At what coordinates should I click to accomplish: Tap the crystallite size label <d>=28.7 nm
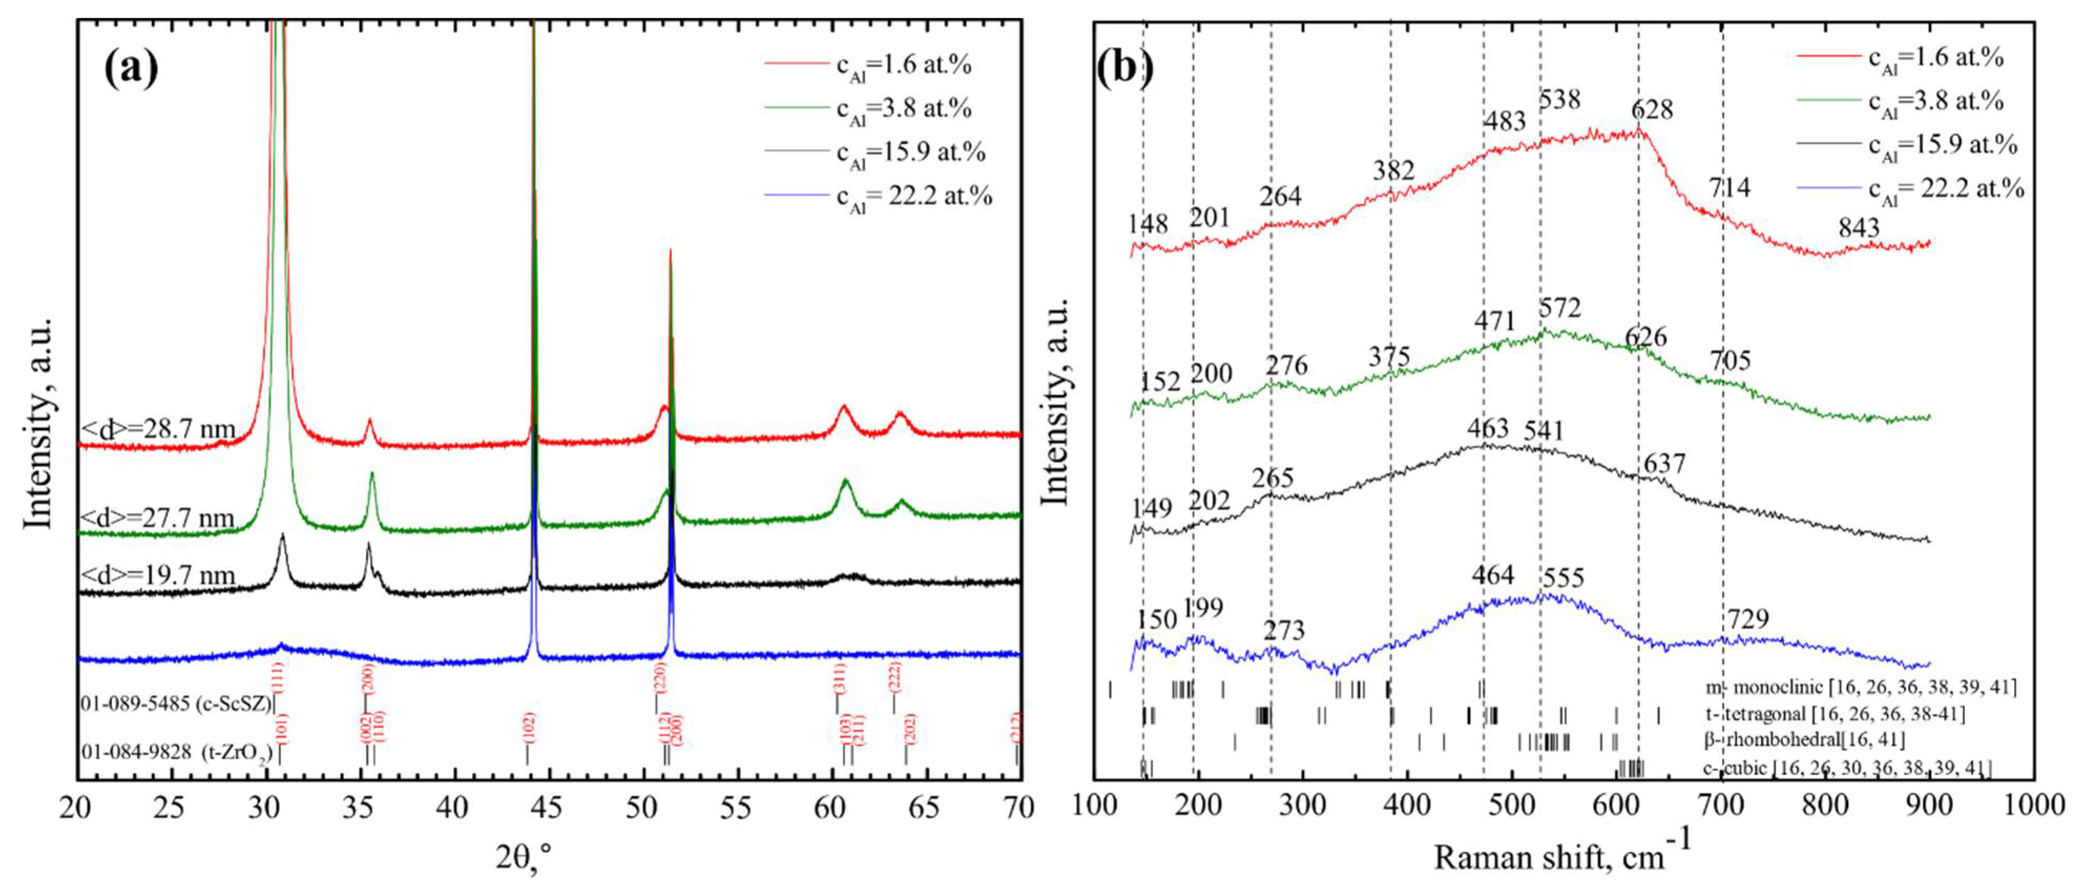coord(158,429)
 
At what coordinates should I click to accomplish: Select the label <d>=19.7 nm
coord(158,575)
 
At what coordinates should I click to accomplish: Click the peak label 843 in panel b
coord(1858,228)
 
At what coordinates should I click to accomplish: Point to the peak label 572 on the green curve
coord(1559,308)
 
